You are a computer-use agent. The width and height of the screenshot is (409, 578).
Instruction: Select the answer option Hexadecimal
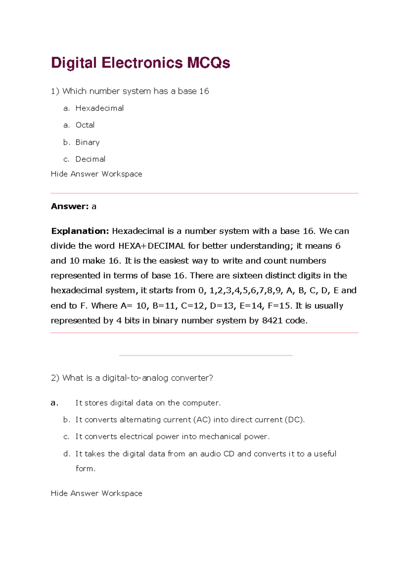click(x=100, y=108)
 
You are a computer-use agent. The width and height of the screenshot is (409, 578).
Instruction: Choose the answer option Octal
click(x=85, y=125)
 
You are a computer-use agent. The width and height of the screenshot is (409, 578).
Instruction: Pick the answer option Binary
click(x=88, y=142)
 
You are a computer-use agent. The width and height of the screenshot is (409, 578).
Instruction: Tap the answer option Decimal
click(x=90, y=159)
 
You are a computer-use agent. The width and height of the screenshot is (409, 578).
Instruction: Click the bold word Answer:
click(x=70, y=207)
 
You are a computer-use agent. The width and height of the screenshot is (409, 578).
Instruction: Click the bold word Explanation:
click(x=80, y=231)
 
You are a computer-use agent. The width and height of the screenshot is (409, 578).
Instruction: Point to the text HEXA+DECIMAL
click(x=151, y=246)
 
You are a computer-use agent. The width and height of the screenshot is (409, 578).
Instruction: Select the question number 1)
click(x=55, y=91)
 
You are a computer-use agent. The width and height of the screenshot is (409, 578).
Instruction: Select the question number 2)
click(x=55, y=378)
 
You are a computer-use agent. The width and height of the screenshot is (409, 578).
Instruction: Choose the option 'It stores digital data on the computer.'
click(x=148, y=403)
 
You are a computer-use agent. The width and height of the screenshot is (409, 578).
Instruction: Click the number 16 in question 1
click(x=204, y=91)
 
